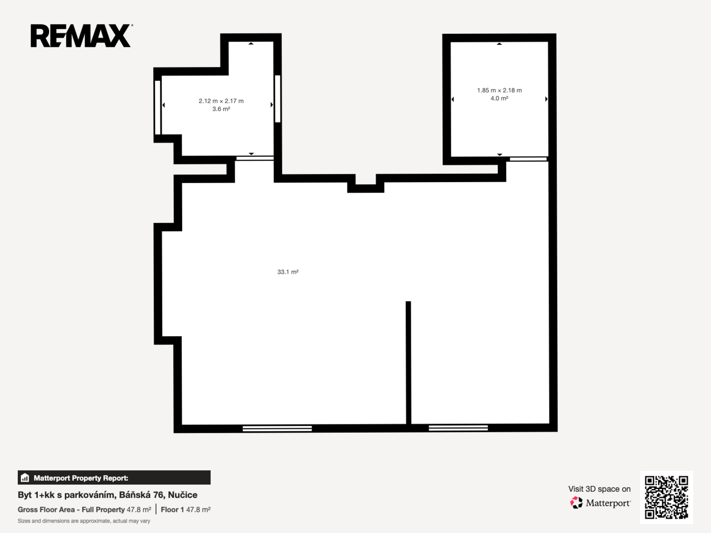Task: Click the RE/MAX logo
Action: click(x=81, y=36)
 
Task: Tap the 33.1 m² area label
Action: click(x=288, y=272)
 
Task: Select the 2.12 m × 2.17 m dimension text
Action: click(x=221, y=101)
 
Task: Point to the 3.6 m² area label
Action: click(x=221, y=109)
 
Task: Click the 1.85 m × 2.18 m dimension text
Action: click(x=499, y=90)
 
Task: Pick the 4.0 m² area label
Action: click(x=499, y=98)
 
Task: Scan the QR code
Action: click(x=666, y=497)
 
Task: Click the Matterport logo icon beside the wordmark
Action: click(x=576, y=502)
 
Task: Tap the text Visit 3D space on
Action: click(x=599, y=489)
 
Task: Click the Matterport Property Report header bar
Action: click(x=114, y=477)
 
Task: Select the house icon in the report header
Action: click(x=25, y=477)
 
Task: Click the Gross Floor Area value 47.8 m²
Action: click(x=139, y=510)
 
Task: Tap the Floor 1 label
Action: click(x=172, y=510)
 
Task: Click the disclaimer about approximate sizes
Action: click(x=84, y=521)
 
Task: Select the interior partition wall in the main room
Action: click(x=408, y=362)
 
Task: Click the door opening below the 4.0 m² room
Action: click(x=528, y=159)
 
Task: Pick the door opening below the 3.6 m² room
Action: click(x=255, y=158)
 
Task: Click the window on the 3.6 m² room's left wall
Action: click(x=158, y=107)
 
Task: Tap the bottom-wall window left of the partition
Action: click(x=277, y=428)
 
